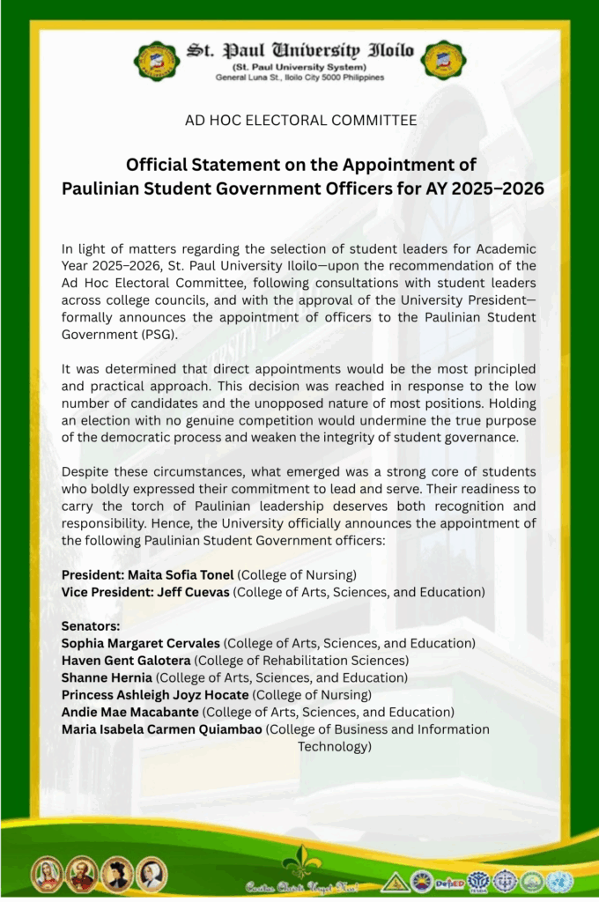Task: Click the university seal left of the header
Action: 158,60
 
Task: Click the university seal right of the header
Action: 443,60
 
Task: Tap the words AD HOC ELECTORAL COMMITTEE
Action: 300,120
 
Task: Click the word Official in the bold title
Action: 155,165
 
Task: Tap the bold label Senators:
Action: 91,626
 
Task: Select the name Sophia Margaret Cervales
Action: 141,644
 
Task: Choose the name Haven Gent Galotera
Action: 126,661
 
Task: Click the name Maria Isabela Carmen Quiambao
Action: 162,729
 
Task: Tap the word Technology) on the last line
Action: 334,746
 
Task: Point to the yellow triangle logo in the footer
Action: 396,882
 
